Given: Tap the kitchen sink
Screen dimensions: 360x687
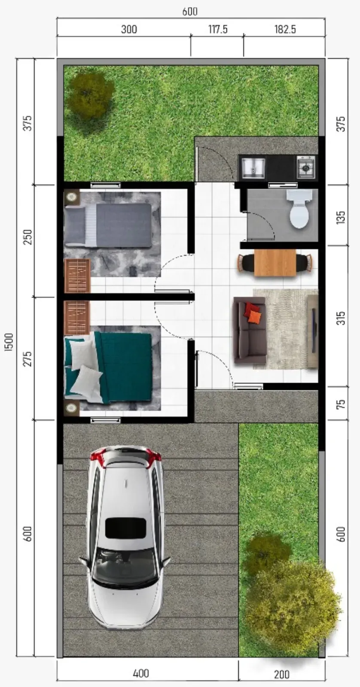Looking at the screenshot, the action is pos(253,168).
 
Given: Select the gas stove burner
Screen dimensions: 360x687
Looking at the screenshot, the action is pos(306,167).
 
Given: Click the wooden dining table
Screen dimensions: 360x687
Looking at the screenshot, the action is pos(275,262).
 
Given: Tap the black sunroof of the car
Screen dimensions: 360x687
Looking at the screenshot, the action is pos(125,528).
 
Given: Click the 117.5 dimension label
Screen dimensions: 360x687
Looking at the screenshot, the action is pos(218,30).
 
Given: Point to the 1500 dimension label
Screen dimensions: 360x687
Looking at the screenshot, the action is pos(9,342).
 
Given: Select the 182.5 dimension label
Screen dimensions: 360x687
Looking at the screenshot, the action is pos(285,30).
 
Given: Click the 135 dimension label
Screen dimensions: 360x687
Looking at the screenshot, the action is pos(341,217).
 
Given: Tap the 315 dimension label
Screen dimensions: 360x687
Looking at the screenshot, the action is pos(341,318).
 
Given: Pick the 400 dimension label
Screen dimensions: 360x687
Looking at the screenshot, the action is pos(141,673).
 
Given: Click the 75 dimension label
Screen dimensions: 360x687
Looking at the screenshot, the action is pos(341,404).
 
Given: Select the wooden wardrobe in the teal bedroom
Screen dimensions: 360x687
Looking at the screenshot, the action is pos(77,317).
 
